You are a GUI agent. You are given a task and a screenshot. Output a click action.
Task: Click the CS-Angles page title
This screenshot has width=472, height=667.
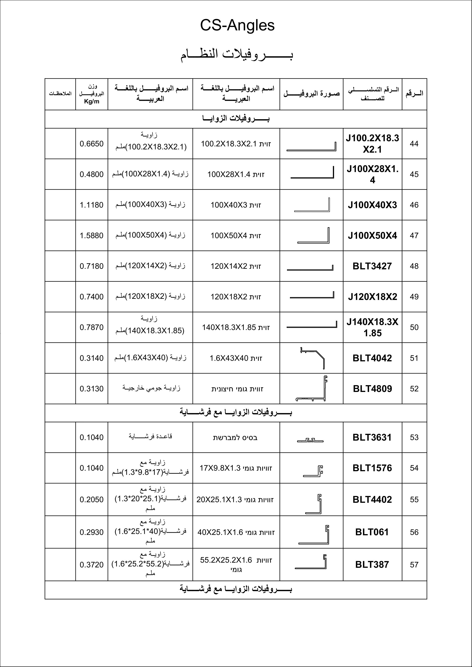[x=237, y=25]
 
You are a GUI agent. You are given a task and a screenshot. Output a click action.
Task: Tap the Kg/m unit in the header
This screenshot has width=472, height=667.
[x=92, y=101]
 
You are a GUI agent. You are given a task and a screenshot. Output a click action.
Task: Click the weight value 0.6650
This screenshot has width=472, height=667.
[x=92, y=144]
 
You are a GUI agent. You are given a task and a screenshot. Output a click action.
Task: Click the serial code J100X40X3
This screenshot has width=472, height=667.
[x=372, y=205]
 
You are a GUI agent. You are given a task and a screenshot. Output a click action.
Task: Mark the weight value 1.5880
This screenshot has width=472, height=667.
[x=92, y=236]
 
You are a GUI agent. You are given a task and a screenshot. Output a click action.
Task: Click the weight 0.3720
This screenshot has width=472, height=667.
[x=92, y=565]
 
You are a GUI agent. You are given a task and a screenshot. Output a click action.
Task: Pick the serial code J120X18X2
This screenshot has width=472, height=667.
[x=372, y=297]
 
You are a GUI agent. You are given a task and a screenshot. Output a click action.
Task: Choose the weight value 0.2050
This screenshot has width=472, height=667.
[x=92, y=500]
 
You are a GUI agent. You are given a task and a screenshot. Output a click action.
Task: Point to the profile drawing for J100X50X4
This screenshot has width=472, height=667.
[x=314, y=235]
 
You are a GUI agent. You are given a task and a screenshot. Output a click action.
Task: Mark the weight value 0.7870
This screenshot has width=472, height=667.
[x=92, y=327]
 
